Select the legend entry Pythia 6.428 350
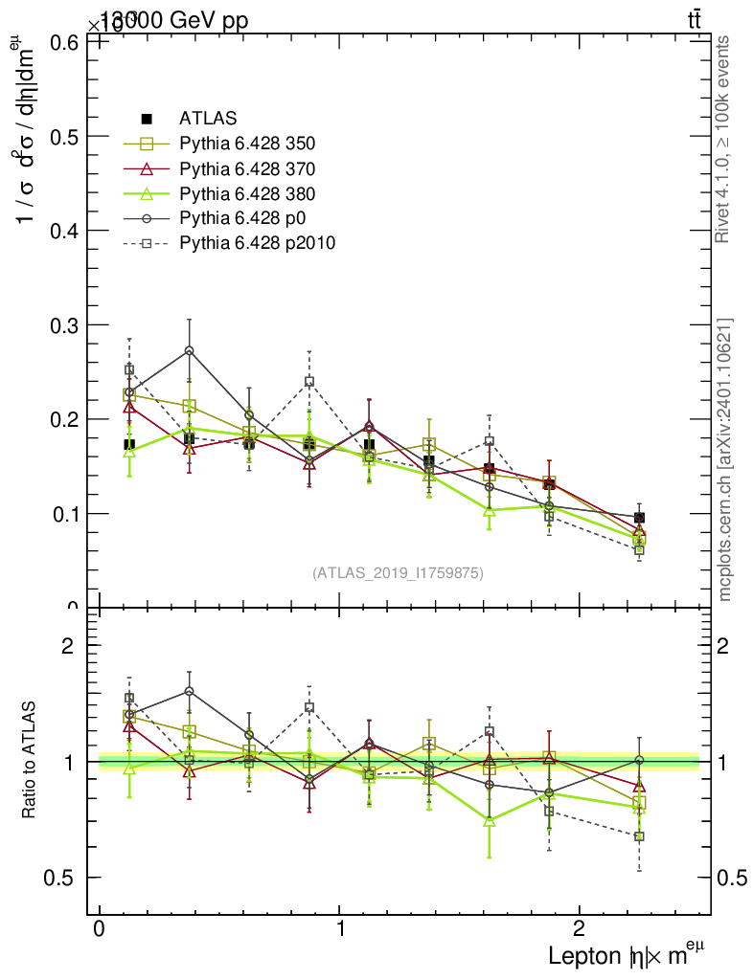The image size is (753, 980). [x=247, y=144]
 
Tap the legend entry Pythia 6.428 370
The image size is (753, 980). [x=247, y=168]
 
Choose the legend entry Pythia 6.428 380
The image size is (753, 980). [x=247, y=193]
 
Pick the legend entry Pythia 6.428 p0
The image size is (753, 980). [x=240, y=217]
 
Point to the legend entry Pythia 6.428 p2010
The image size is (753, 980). [x=257, y=242]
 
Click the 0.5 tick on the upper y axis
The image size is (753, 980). [x=59, y=136]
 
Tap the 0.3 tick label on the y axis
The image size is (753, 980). [x=59, y=324]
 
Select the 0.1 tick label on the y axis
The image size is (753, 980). [x=59, y=514]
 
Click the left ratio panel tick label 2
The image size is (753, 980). [x=68, y=645]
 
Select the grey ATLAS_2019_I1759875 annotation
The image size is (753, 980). [x=398, y=572]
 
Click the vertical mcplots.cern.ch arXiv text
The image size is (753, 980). [x=725, y=459]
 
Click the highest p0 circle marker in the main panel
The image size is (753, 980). [x=190, y=351]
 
